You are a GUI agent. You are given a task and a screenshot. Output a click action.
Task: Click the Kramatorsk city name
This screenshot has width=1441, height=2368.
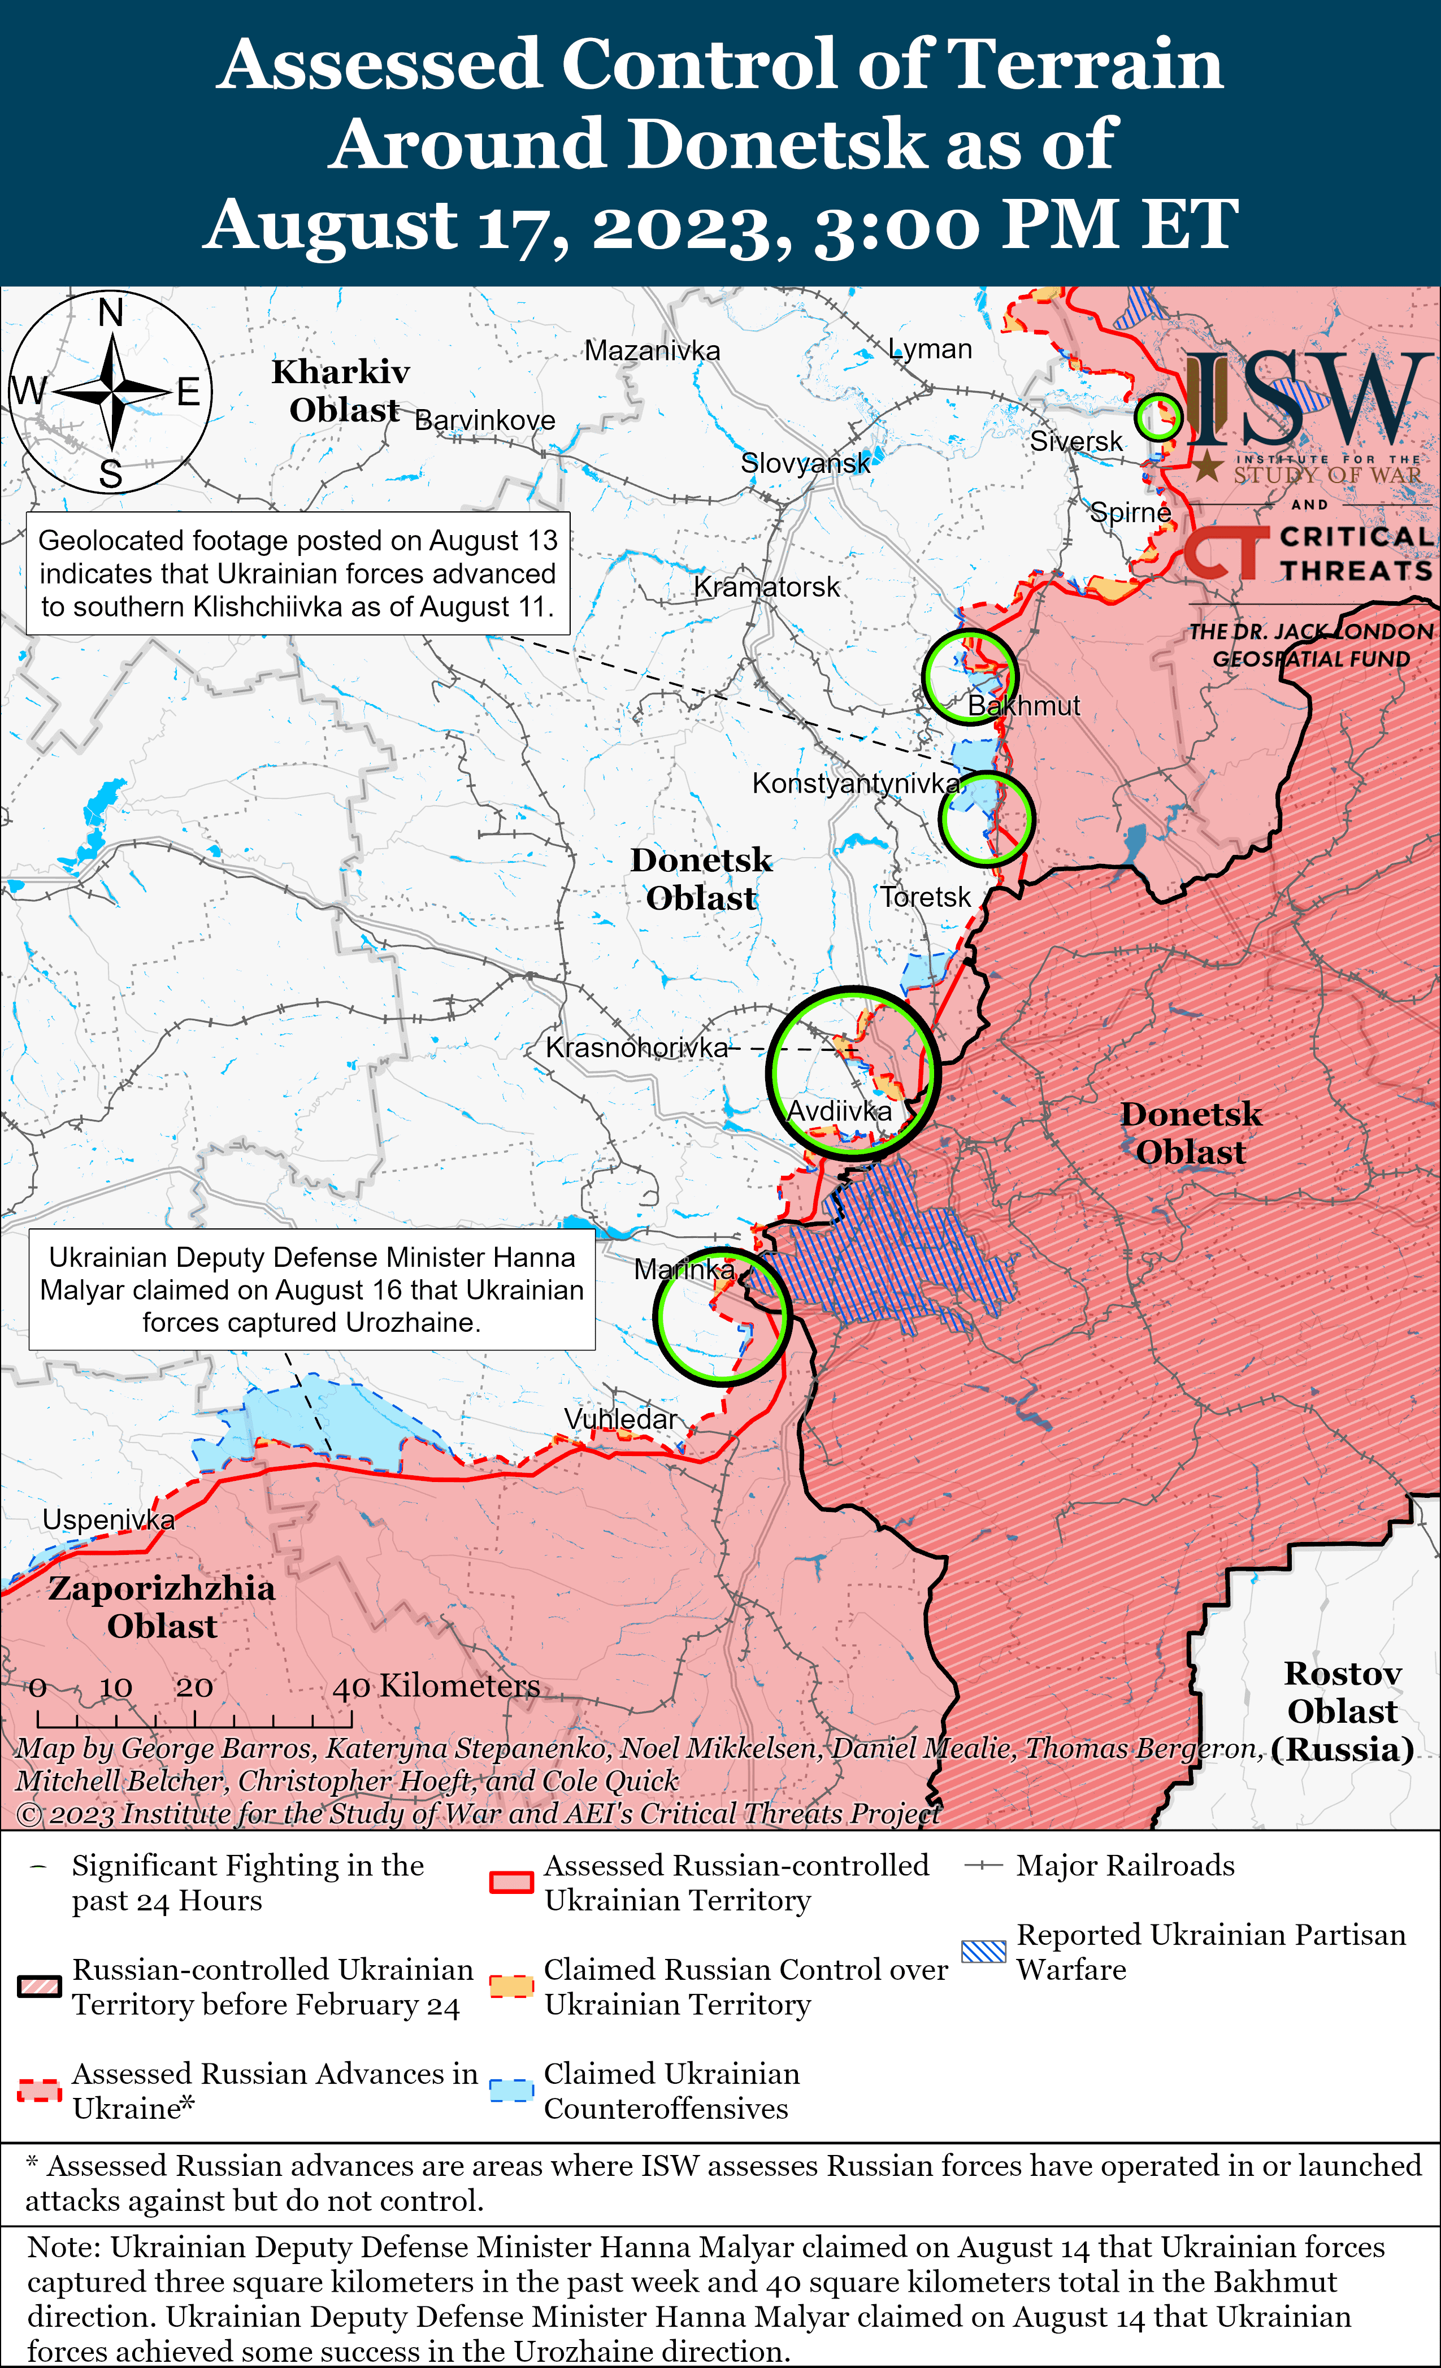(x=766, y=587)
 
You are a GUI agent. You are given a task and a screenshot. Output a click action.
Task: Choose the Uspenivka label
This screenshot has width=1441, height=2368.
(x=108, y=1520)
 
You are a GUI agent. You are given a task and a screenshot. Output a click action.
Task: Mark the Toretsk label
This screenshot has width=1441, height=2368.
(x=926, y=898)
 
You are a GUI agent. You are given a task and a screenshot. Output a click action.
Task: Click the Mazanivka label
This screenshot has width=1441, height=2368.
(x=652, y=351)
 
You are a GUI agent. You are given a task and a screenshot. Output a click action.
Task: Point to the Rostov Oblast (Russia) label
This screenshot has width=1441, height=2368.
(x=1343, y=1711)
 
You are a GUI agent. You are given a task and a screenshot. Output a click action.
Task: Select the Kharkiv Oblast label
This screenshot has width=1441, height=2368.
(x=341, y=391)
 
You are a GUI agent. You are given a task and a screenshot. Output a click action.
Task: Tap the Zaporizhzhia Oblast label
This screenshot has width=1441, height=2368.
(x=162, y=1607)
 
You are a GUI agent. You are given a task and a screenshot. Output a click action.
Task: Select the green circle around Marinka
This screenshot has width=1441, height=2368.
(x=721, y=1316)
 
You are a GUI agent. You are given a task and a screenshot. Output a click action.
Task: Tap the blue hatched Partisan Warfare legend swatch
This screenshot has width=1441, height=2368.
(x=983, y=1952)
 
